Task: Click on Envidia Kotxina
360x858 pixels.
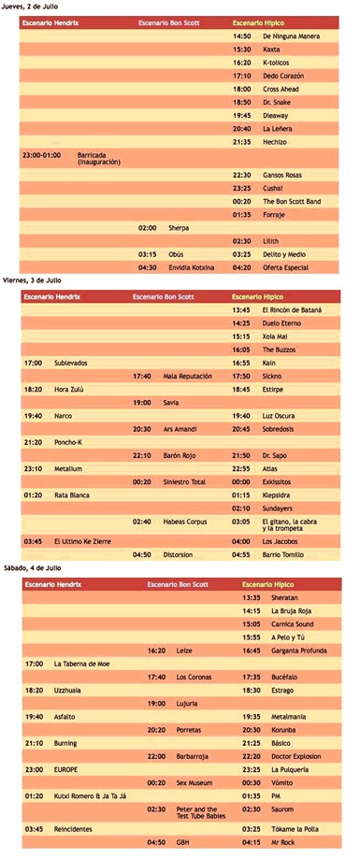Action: [x=191, y=267]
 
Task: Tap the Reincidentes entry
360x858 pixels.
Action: [x=80, y=828]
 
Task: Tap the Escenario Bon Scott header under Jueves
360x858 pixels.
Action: [x=169, y=21]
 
